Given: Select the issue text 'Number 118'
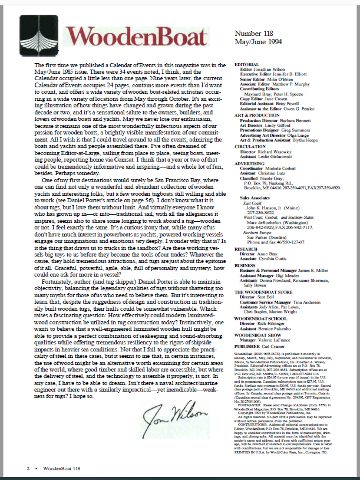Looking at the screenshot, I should pyautogui.click(x=253, y=34).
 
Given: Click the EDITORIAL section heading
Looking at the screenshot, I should pyautogui.click(x=247, y=64).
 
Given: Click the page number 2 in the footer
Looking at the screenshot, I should pyautogui.click(x=28, y=468).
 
